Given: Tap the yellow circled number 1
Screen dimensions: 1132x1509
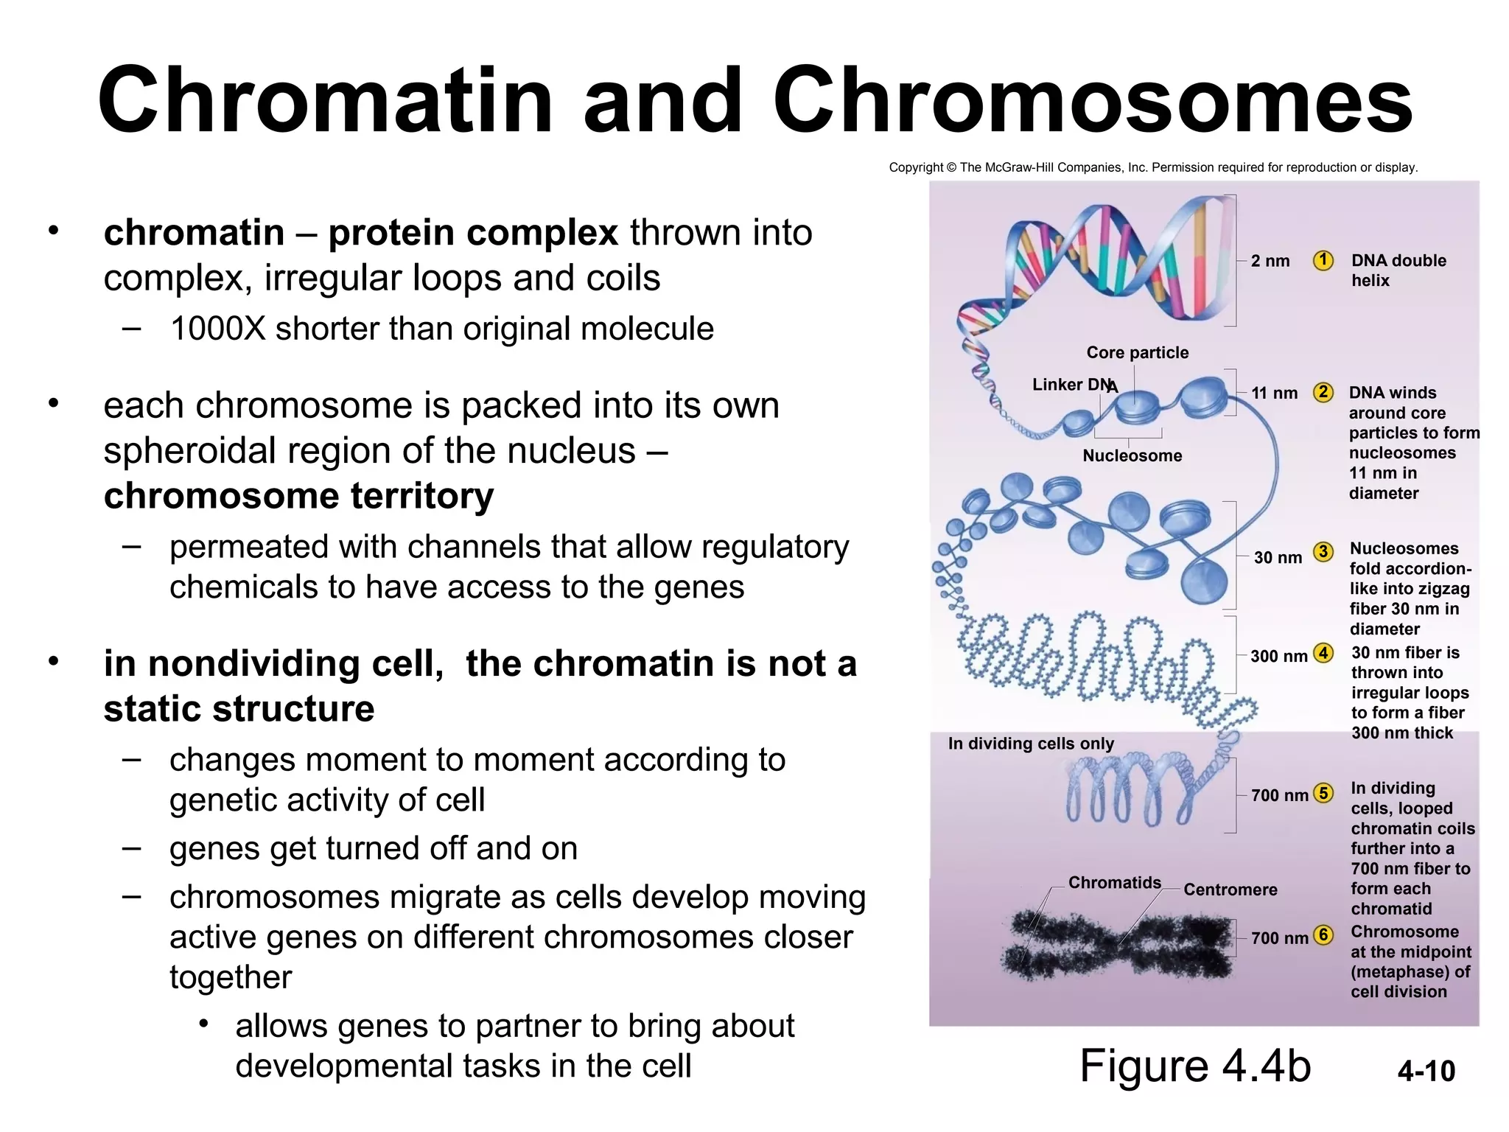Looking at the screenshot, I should (x=1323, y=260).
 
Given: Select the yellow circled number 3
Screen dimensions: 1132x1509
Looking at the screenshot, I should (x=1323, y=551).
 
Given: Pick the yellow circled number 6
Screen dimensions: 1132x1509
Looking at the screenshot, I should (x=1324, y=935).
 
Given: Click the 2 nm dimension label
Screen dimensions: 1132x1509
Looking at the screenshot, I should (x=1270, y=261).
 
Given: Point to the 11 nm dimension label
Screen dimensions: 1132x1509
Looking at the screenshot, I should (x=1275, y=393).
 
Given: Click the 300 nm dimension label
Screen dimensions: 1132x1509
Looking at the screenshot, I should (x=1278, y=656).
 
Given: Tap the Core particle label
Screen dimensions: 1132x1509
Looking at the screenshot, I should (x=1137, y=352).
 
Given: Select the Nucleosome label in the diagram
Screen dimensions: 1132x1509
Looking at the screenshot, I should (x=1132, y=455).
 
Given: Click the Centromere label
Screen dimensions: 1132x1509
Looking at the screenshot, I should (x=1230, y=890).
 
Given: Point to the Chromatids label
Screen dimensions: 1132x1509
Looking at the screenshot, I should (x=1114, y=882).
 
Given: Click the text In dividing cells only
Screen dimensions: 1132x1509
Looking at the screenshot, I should (x=1031, y=743).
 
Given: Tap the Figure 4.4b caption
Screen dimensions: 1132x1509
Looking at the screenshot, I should (x=1194, y=1066).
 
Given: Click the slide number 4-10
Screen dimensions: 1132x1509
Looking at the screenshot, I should (x=1426, y=1071).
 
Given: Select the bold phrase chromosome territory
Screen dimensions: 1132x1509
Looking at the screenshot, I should (x=298, y=495).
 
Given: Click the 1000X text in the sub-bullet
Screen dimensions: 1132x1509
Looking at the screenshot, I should (x=217, y=329).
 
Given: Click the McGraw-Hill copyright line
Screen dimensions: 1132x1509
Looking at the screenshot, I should (x=1152, y=167).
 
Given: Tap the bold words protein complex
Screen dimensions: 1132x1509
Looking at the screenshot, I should (x=472, y=233).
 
